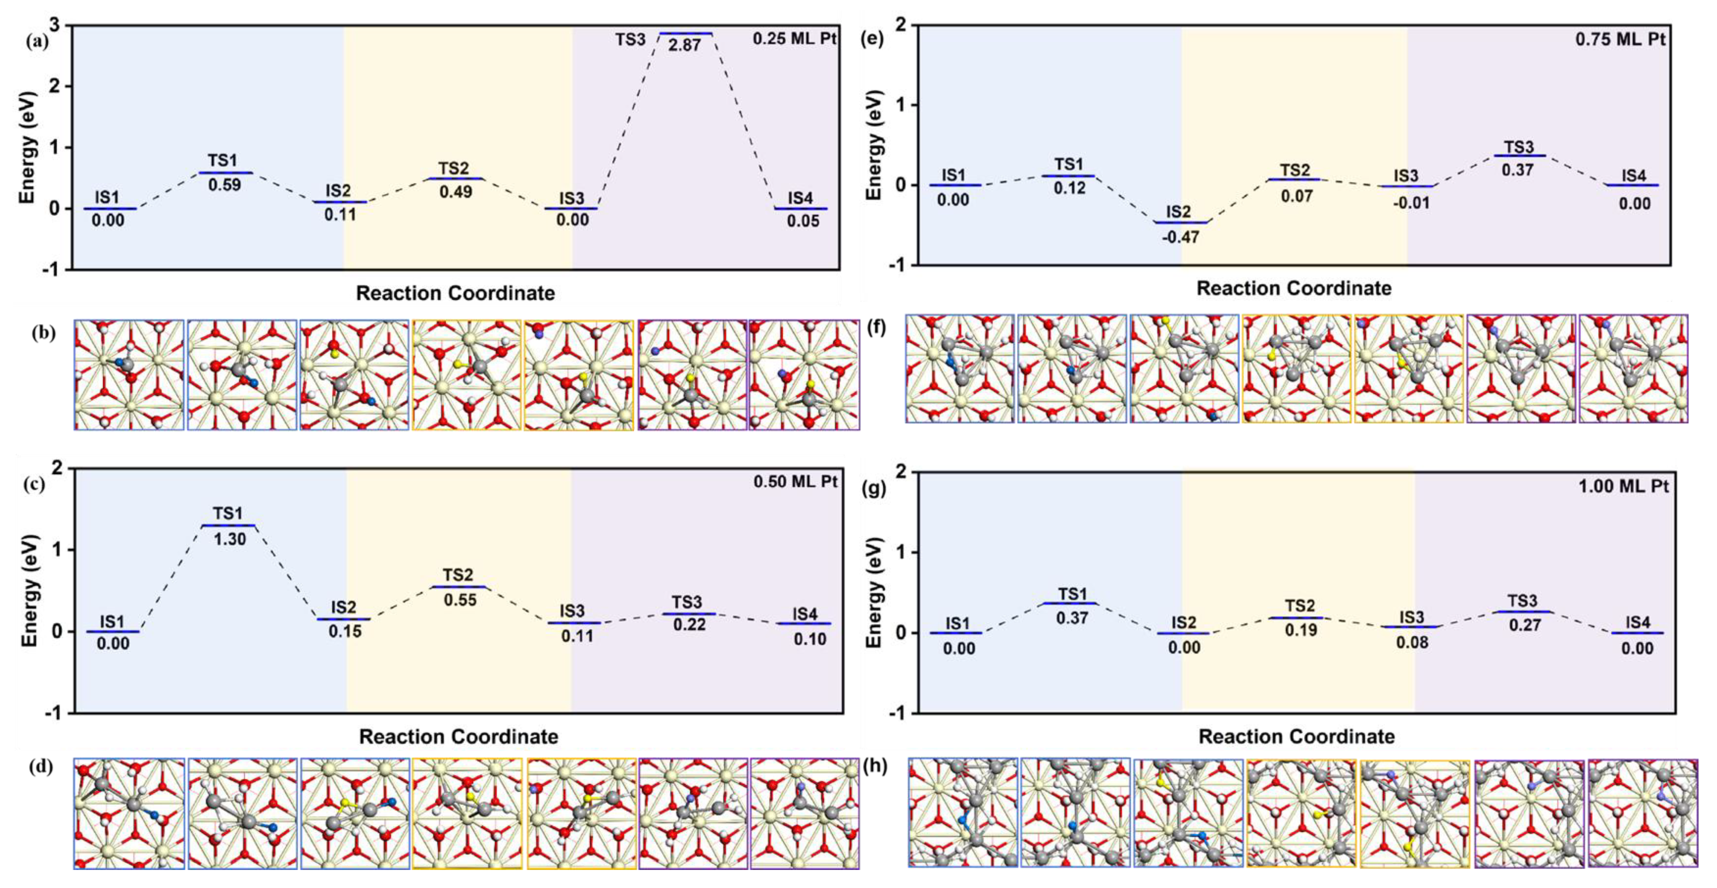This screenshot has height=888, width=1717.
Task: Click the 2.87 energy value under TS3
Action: coord(685,46)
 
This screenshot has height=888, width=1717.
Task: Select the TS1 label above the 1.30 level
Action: coord(227,513)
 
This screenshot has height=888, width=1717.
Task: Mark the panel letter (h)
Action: coord(875,766)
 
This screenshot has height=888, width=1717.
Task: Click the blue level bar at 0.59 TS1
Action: coord(225,172)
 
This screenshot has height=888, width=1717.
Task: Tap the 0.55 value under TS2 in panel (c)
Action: coord(460,600)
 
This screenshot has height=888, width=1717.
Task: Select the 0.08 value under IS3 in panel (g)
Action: coord(1412,642)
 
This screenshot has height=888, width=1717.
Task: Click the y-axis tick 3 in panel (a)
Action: coord(54,25)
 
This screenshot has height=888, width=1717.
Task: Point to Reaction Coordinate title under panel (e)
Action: coord(1294,289)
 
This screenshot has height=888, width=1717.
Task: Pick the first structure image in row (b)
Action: coord(129,375)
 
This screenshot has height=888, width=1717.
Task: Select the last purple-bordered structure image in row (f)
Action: coord(1633,368)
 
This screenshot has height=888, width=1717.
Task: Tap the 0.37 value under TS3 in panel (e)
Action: coord(1517,170)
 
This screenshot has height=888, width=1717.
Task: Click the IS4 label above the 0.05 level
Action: coord(800,198)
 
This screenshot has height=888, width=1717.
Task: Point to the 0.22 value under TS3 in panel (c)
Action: coord(689,625)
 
